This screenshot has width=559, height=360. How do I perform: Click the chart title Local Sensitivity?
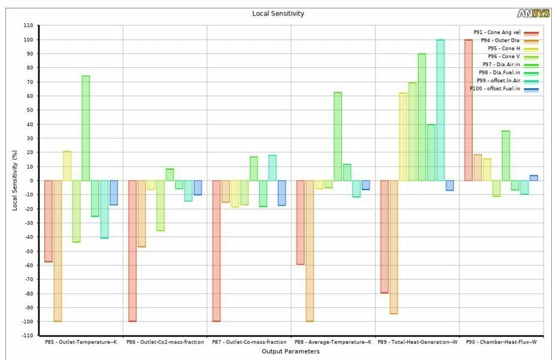(278, 14)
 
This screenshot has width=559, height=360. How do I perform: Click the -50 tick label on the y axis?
(28, 251)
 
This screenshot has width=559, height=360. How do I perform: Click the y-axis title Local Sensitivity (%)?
(15, 180)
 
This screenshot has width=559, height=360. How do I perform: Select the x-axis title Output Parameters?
(291, 352)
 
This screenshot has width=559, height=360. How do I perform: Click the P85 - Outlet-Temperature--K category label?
(81, 341)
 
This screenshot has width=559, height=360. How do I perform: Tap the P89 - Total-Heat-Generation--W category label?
(417, 341)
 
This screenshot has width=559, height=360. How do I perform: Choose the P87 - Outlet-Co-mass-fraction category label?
(249, 341)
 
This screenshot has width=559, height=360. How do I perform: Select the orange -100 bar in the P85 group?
(58, 251)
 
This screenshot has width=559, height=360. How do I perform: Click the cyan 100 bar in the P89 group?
(440, 110)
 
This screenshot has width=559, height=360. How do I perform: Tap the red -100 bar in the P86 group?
(132, 251)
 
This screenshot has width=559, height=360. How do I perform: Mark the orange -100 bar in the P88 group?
(309, 251)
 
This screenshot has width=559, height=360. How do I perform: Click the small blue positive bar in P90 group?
(534, 178)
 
